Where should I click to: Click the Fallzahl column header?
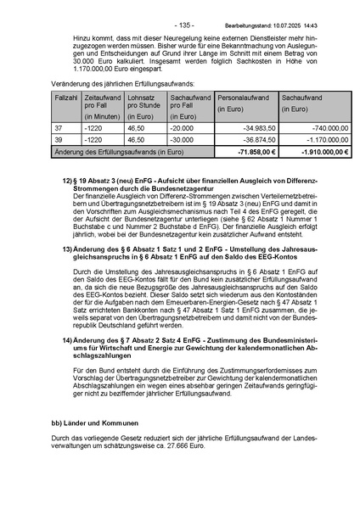pos(65,98)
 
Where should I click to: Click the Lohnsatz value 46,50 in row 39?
pos(136,139)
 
